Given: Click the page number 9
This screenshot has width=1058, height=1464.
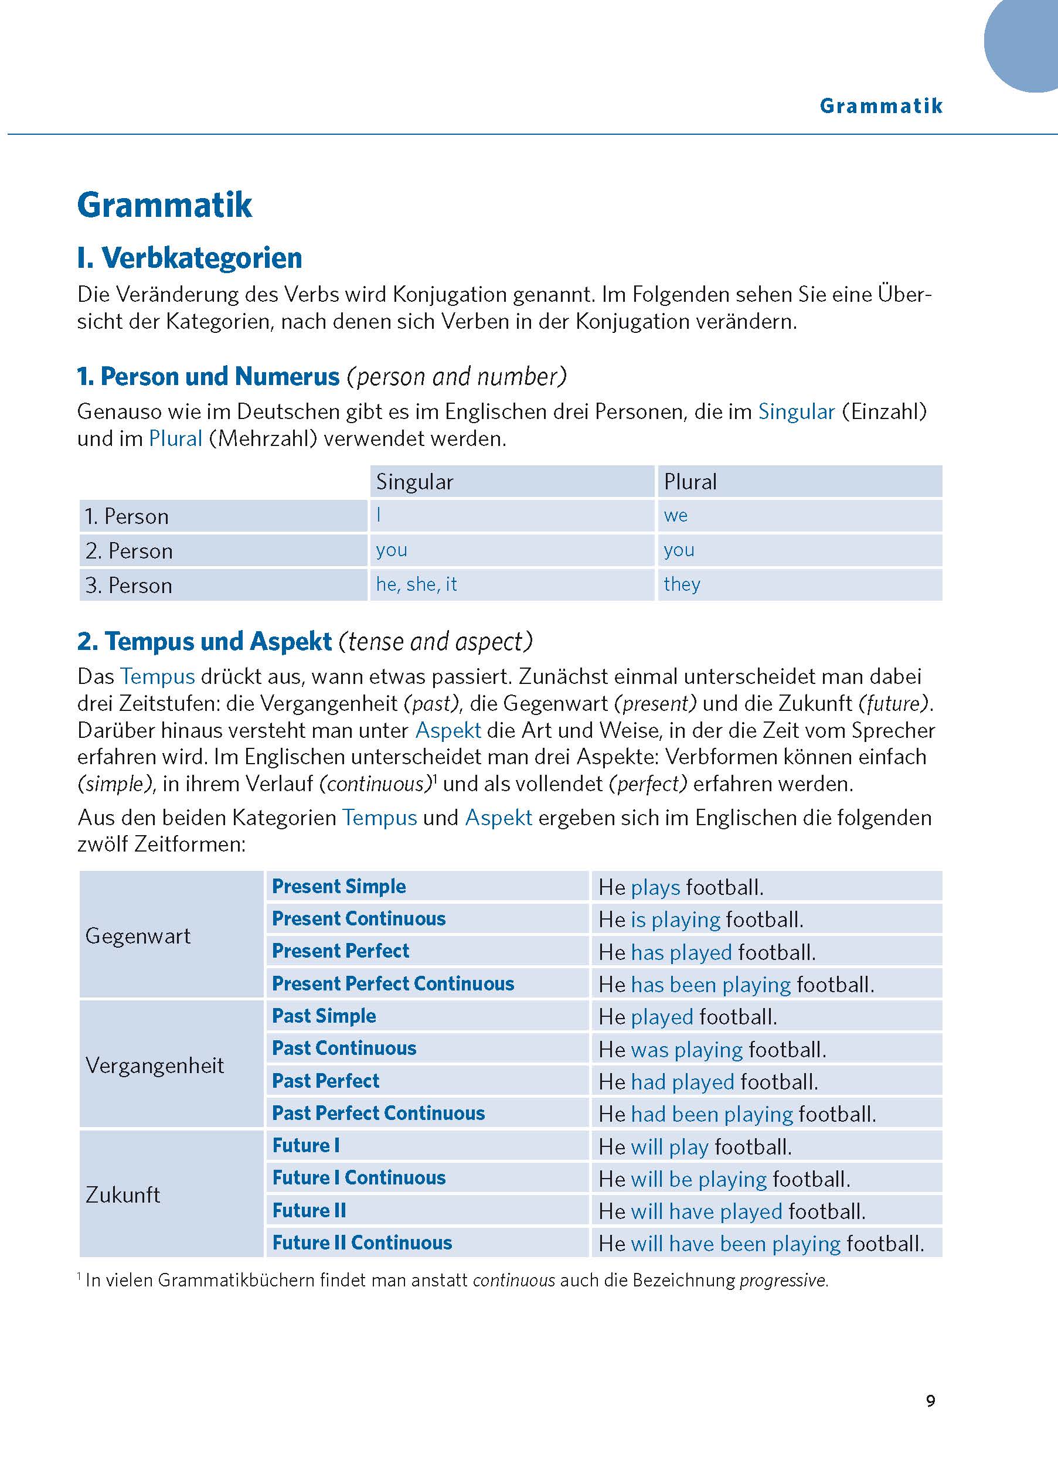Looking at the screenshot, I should tap(930, 1400).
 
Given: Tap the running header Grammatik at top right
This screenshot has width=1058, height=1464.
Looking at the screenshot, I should tap(881, 106).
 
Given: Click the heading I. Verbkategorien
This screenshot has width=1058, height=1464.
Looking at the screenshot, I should tap(189, 257).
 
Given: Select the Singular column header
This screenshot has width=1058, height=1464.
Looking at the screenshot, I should tap(414, 482).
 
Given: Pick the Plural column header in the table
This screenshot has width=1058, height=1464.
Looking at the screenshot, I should tap(690, 482).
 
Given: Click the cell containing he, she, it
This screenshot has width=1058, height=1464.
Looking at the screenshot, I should tap(416, 584).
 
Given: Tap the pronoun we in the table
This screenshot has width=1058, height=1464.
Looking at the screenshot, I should tap(676, 516).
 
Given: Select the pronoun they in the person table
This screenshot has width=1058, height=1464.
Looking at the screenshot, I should tap(682, 584).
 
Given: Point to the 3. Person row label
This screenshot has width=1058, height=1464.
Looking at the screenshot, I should tap(129, 585).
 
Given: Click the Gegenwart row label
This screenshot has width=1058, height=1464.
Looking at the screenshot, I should tap(138, 936).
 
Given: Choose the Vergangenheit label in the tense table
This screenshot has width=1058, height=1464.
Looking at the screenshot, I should tap(154, 1065).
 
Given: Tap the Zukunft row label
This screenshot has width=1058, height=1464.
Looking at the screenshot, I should tap(123, 1195).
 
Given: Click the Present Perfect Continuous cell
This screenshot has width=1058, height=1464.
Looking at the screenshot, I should tap(393, 984).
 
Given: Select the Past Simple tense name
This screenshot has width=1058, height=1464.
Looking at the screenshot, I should tap(324, 1016).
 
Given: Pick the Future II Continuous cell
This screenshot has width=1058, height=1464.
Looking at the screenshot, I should tap(362, 1242).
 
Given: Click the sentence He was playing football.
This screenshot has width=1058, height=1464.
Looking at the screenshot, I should tap(712, 1050).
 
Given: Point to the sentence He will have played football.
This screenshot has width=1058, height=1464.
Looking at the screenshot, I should tap(732, 1211).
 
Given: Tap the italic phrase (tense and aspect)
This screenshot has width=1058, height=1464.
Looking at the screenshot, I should tap(436, 641).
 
